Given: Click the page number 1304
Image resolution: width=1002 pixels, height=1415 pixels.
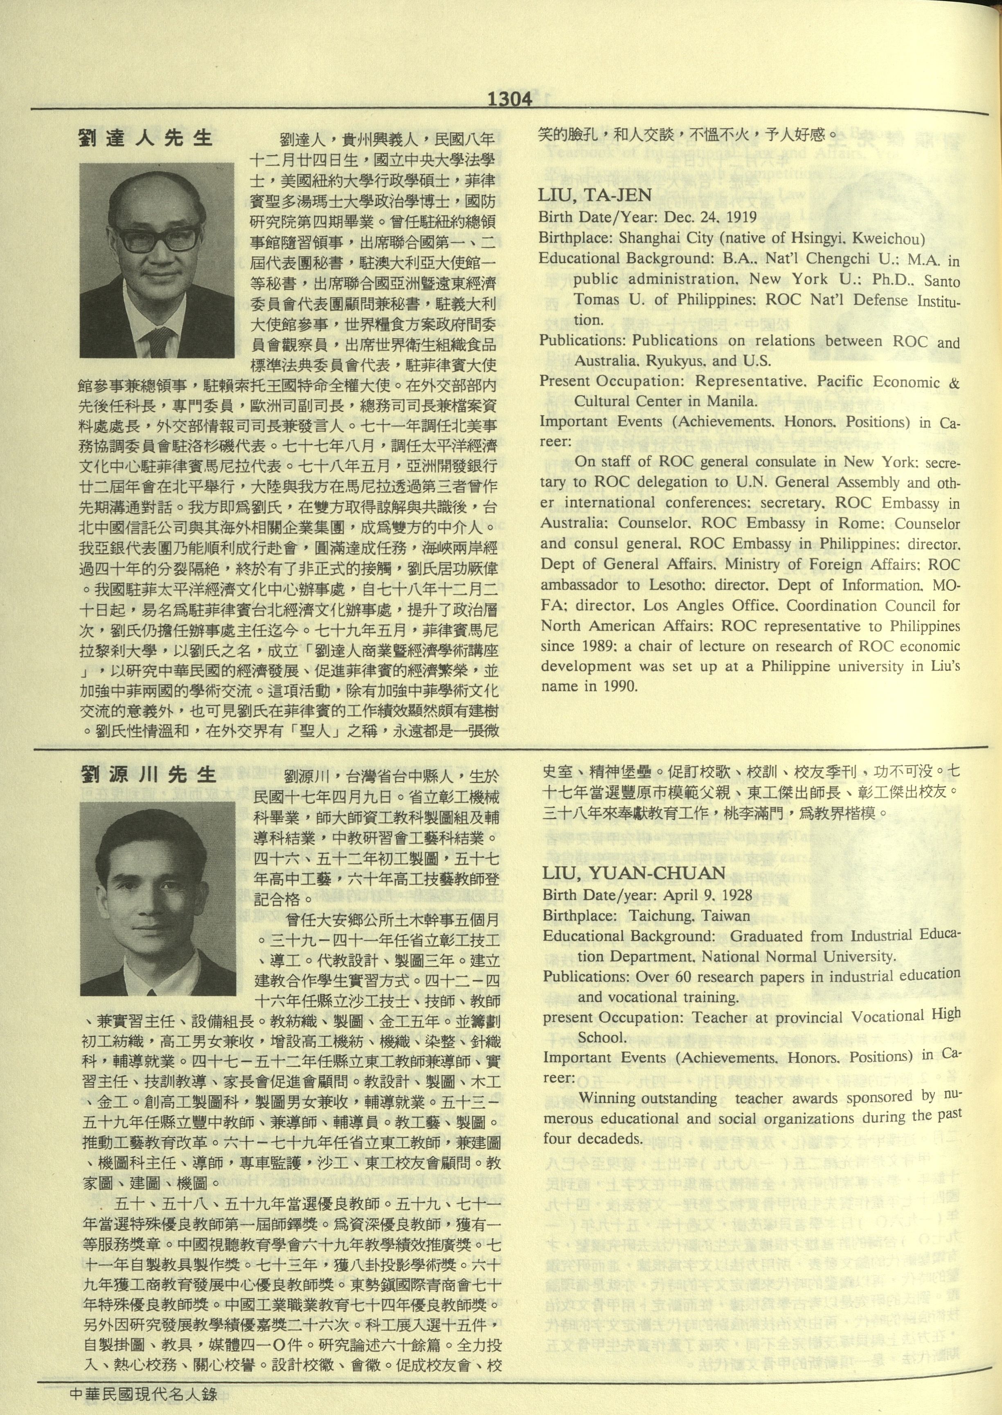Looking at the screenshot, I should point(510,99).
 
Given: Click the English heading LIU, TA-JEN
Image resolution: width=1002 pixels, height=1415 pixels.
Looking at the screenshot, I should point(595,196).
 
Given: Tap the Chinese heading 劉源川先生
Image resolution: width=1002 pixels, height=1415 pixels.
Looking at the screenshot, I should point(149,775).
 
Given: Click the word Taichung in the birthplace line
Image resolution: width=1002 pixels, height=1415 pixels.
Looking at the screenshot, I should point(659,916).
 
